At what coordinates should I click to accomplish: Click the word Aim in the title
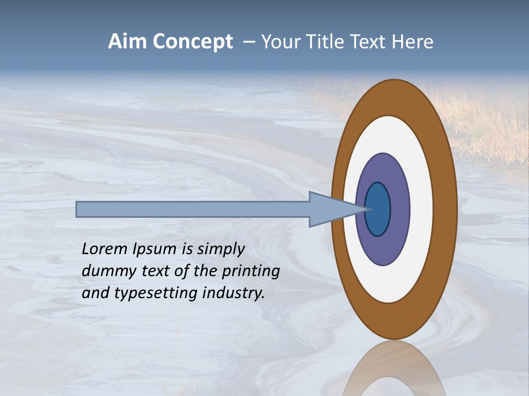pos(127,42)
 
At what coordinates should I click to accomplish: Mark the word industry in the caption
pos(234,293)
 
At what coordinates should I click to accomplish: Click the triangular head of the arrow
pos(331,210)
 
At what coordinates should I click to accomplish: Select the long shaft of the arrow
pos(193,210)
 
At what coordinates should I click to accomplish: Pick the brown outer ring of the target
pos(445,209)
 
